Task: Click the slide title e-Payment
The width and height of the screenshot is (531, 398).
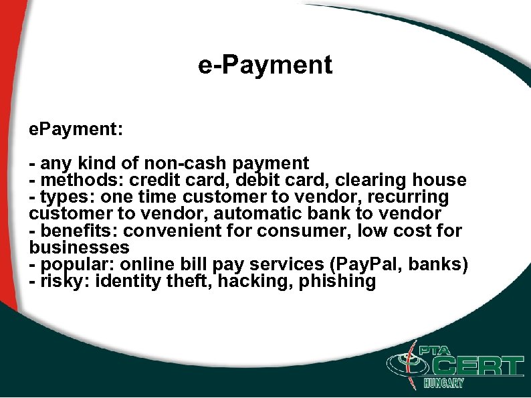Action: (265, 65)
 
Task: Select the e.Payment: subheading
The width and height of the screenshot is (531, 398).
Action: (76, 129)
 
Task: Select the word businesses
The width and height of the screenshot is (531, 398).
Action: (79, 247)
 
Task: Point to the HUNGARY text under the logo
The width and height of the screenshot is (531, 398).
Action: (443, 383)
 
